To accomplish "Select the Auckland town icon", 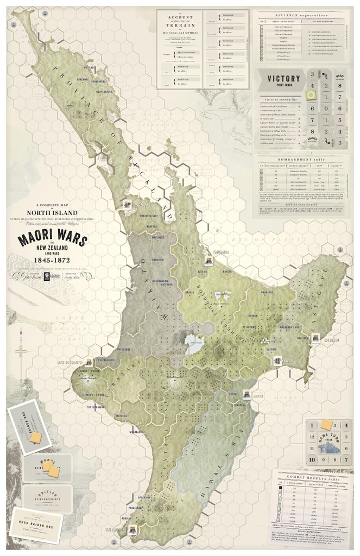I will (127, 204).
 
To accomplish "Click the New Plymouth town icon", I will (87, 361).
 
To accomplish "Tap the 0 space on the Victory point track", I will (325, 108).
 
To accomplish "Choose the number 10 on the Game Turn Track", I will (312, 459).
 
